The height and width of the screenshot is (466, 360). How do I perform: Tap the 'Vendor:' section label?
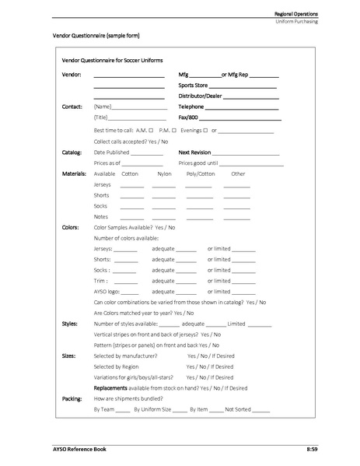(71, 75)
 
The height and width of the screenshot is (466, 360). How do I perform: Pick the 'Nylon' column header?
(164, 174)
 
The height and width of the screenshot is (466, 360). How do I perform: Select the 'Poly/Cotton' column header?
(200, 174)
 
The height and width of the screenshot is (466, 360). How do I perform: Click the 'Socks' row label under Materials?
(101, 206)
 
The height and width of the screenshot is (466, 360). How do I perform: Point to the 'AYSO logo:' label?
(107, 291)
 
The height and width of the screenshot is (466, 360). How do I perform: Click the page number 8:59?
(311, 450)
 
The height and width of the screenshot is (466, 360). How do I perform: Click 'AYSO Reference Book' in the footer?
(69, 450)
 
